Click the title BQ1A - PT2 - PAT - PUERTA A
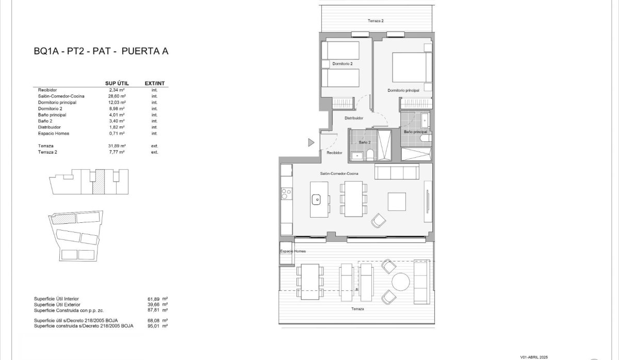pyautogui.click(x=101, y=52)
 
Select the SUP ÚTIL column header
pyautogui.click(x=117, y=83)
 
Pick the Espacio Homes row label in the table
pyautogui.click(x=53, y=134)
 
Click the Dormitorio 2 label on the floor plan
pyautogui.click(x=343, y=64)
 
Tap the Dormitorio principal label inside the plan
pyautogui.click(x=403, y=90)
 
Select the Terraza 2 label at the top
pyautogui.click(x=376, y=21)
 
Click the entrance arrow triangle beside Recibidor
pyautogui.click(x=311, y=142)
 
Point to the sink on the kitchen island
pyautogui.click(x=317, y=198)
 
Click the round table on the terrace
pyautogui.click(x=400, y=282)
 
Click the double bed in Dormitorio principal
pyautogui.click(x=412, y=67)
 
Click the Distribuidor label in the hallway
pyautogui.click(x=354, y=118)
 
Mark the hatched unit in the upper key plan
pyautogui.click(x=99, y=182)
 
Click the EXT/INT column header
pyautogui.click(x=154, y=83)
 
